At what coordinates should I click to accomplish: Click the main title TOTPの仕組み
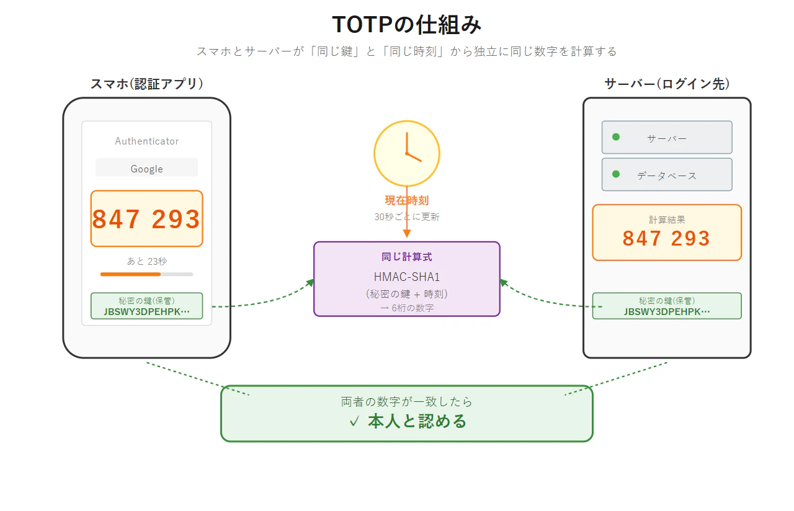point(406,25)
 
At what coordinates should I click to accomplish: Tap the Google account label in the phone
point(147,169)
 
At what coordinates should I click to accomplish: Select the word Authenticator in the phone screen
point(147,141)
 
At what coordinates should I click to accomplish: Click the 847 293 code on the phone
point(146,219)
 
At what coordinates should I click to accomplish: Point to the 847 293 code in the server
point(666,238)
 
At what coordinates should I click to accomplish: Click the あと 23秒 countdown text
point(147,261)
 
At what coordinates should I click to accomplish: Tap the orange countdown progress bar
point(130,274)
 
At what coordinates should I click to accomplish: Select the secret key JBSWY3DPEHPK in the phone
point(147,311)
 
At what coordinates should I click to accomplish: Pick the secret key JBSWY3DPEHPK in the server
point(667,311)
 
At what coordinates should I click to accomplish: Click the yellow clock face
point(407,153)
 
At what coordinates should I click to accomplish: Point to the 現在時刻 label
point(407,200)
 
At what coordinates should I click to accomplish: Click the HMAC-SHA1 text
point(407,277)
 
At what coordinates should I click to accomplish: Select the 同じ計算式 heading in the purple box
point(407,257)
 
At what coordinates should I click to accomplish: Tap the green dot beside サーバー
point(616,137)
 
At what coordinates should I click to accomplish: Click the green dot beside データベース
point(616,174)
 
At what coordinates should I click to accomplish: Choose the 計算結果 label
point(667,220)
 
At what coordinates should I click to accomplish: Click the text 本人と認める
point(417,421)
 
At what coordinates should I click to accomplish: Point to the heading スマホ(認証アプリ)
point(147,84)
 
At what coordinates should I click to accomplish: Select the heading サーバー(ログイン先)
point(667,84)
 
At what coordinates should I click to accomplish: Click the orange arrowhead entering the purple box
point(407,234)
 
